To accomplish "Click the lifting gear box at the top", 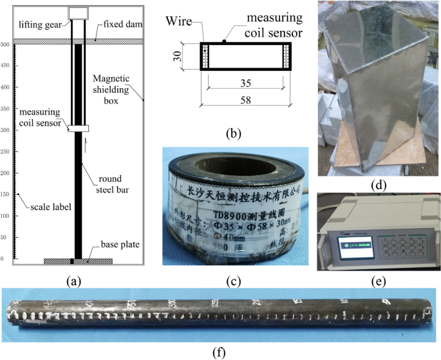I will point(79,13).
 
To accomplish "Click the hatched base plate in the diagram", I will point(77,261).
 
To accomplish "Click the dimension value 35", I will point(245,83).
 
